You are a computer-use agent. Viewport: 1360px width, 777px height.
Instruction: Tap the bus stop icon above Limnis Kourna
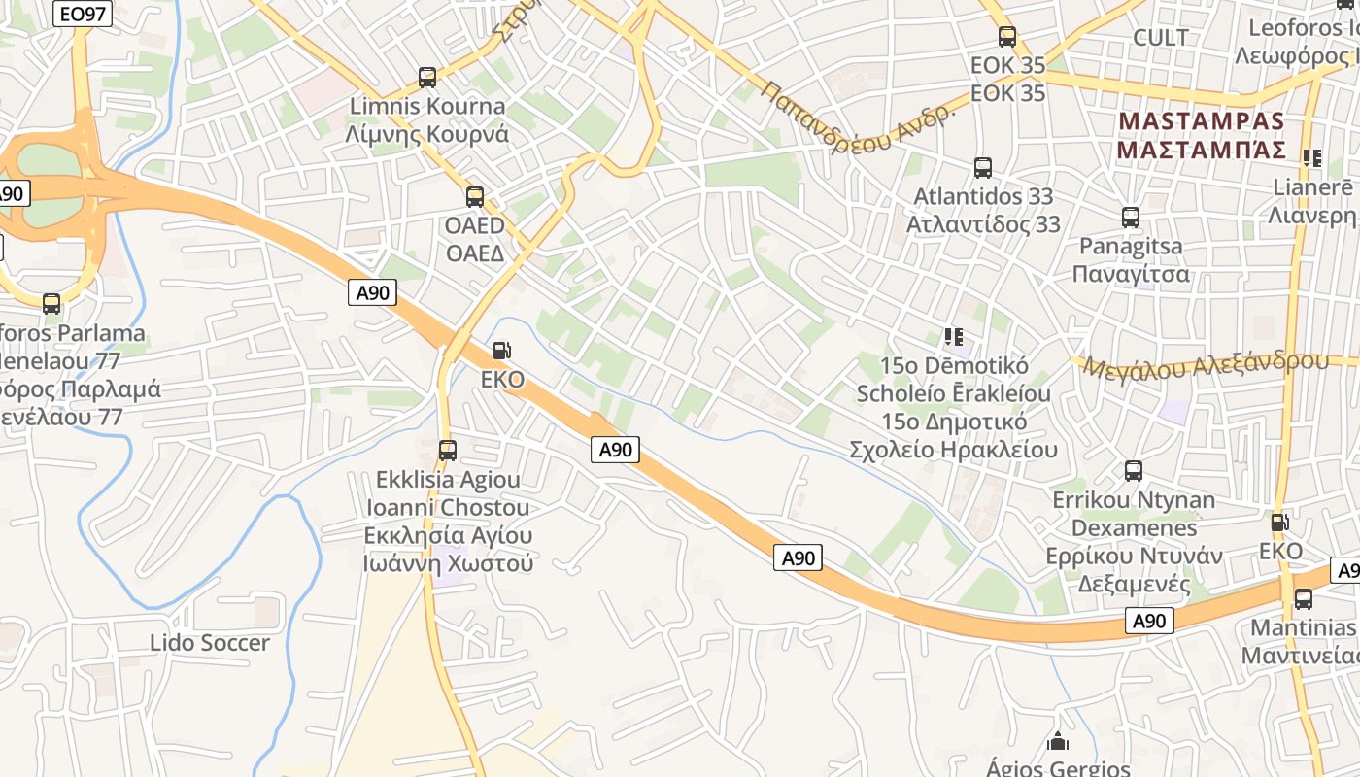click(426, 78)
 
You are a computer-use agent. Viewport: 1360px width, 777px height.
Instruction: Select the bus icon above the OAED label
click(475, 197)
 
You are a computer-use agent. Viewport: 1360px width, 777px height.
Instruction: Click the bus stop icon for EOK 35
click(1007, 37)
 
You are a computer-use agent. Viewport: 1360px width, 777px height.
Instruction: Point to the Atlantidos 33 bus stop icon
click(983, 168)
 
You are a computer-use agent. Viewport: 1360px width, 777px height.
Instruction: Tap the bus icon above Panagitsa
click(1131, 218)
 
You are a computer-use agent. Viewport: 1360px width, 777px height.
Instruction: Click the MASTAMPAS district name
click(1202, 121)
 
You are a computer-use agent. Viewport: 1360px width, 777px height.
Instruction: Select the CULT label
click(1161, 38)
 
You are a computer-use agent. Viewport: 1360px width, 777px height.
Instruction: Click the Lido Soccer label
click(210, 643)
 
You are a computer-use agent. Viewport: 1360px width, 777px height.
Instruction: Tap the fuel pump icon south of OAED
click(501, 351)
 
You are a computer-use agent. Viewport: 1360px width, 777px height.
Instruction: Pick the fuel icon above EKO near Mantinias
click(1280, 523)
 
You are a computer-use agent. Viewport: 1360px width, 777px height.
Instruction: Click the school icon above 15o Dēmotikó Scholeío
click(954, 337)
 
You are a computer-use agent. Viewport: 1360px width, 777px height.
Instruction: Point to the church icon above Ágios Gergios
click(1058, 742)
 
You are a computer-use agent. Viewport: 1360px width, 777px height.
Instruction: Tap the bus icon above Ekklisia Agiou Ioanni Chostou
click(448, 451)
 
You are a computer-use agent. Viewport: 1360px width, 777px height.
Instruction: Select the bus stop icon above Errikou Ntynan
click(1133, 471)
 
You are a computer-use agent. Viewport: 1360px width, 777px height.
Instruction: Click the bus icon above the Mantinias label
click(1304, 598)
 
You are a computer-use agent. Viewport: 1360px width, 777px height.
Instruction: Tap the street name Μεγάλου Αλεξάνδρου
click(1205, 366)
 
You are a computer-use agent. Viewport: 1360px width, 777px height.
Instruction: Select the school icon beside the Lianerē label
click(1312, 157)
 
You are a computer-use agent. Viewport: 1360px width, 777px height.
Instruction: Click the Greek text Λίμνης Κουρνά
click(426, 134)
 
